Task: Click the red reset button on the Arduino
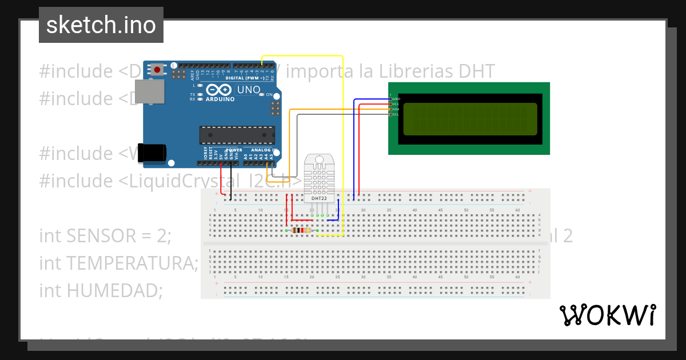coord(157,70)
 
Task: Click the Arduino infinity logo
coord(218,90)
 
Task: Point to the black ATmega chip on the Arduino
coord(236,135)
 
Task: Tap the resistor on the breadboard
coord(301,230)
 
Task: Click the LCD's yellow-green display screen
coord(470,119)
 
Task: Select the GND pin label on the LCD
coord(396,99)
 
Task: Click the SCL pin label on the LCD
coord(395,114)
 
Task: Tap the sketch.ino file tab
coord(101,25)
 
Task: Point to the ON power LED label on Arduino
coord(269,94)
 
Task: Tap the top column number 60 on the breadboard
coord(518,211)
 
